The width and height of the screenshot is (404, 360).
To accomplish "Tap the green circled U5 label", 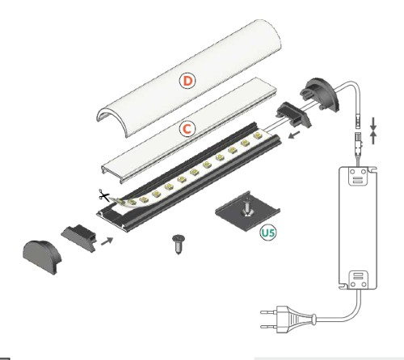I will tap(267, 235).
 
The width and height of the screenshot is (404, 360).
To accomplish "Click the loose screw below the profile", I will tap(178, 243).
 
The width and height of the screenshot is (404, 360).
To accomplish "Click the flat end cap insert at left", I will tap(78, 237).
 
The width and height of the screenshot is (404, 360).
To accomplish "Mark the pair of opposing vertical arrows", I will tap(373, 130).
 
